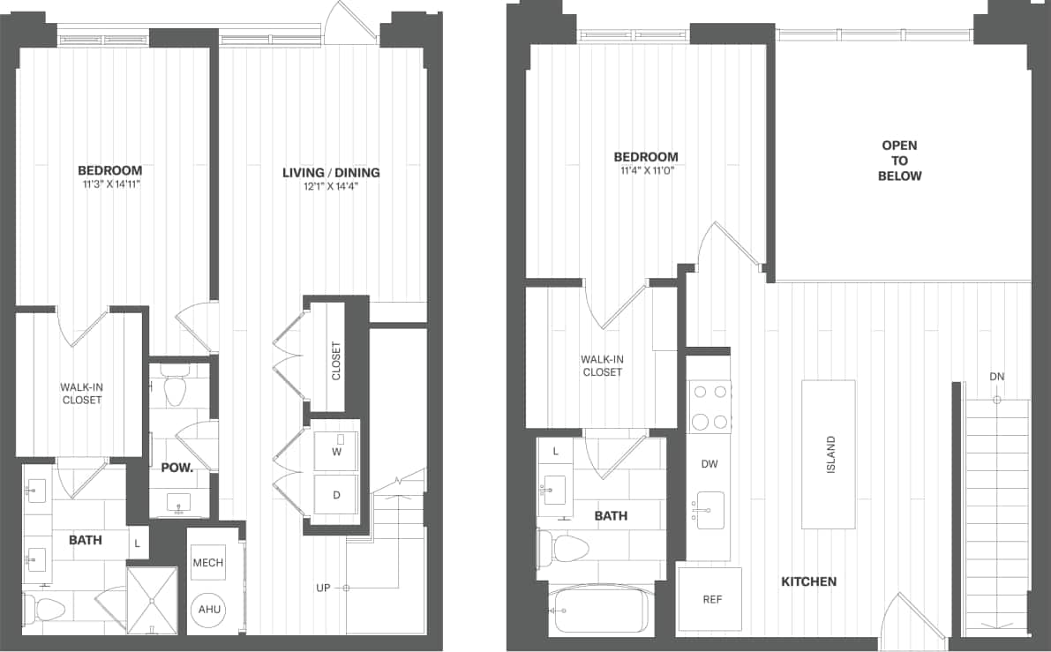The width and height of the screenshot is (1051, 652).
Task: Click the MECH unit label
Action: [x=207, y=563]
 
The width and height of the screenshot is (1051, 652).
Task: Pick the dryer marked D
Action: [x=335, y=496]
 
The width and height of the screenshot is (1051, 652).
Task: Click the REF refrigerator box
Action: [x=711, y=599]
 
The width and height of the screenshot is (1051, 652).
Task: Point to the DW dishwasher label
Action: [x=709, y=464]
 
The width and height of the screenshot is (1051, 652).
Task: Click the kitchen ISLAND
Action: [x=829, y=454]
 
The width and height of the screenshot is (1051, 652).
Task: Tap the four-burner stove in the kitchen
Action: [x=709, y=407]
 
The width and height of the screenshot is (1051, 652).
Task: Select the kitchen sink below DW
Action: [x=709, y=510]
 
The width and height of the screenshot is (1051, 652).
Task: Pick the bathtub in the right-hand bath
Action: [x=597, y=610]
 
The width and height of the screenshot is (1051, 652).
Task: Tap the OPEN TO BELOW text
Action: [x=899, y=161]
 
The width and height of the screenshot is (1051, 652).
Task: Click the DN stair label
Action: [x=996, y=377]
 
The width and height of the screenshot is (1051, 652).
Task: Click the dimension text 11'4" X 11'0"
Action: [x=646, y=172]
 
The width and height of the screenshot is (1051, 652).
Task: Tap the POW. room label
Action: [x=176, y=468]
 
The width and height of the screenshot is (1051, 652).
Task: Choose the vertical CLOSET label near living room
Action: [x=335, y=361]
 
